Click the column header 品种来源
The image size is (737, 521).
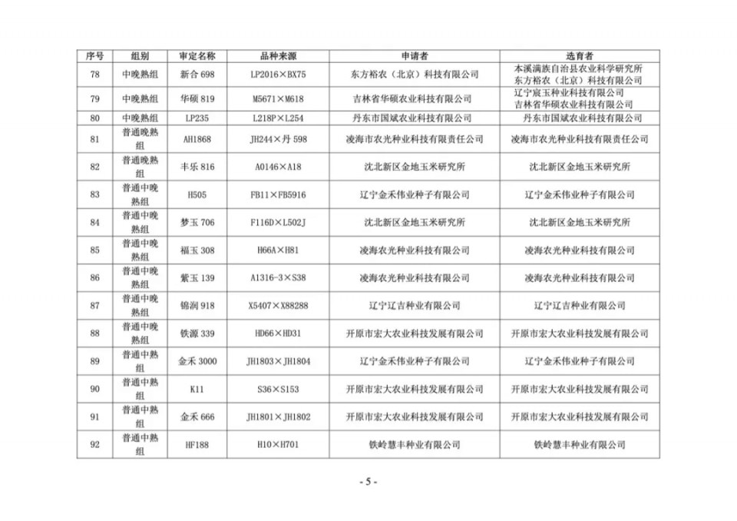click(278, 56)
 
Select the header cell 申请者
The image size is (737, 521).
click(415, 56)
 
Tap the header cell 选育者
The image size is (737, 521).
click(580, 56)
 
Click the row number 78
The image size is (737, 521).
click(94, 75)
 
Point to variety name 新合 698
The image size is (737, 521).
click(197, 75)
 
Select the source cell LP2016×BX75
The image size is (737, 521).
click(278, 75)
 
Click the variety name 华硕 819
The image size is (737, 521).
click(197, 99)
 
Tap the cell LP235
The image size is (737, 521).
click(197, 118)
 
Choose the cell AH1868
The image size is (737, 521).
click(197, 139)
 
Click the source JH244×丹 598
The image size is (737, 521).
click(278, 139)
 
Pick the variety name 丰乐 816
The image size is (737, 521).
click(197, 167)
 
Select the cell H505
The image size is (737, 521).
click(197, 194)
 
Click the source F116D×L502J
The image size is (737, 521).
click(278, 222)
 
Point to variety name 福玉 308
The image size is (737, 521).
click(197, 250)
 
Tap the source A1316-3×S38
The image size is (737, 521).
click(278, 277)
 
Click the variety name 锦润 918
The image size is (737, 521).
click(197, 305)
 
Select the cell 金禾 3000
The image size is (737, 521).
click(197, 361)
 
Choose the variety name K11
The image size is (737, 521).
click(197, 389)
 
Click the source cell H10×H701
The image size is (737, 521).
click(278, 444)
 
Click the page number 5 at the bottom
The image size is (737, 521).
click(368, 482)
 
